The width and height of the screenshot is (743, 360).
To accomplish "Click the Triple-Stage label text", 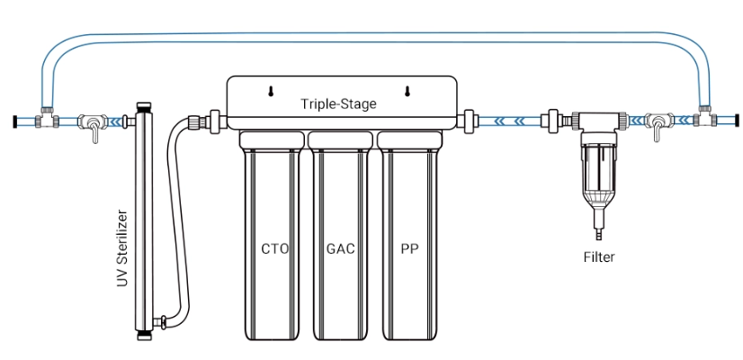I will click(338, 104).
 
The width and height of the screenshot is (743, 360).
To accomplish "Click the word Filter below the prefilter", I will click(598, 257).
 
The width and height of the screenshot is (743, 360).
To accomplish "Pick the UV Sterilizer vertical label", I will click(122, 249).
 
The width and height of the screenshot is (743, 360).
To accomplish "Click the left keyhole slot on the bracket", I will click(270, 91).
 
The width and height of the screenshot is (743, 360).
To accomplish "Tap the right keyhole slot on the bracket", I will click(407, 91).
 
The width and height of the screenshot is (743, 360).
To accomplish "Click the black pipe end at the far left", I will click(15, 121).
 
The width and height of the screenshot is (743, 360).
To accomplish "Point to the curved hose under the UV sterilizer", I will click(180, 306).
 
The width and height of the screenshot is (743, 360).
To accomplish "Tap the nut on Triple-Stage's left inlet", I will click(216, 119).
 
